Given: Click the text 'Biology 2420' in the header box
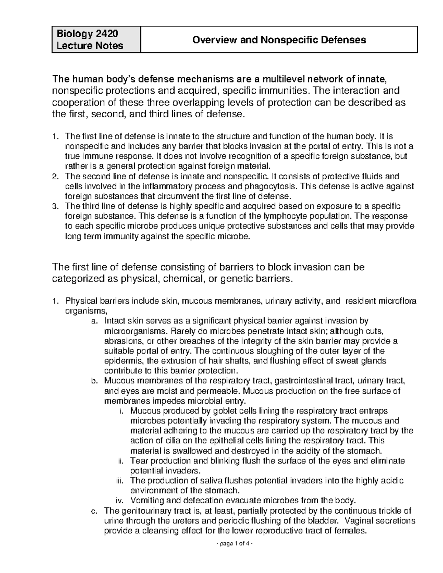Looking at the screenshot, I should (87, 34).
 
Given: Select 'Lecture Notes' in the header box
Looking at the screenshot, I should (90, 46).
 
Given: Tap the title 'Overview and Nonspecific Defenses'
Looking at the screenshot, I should (279, 40).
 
